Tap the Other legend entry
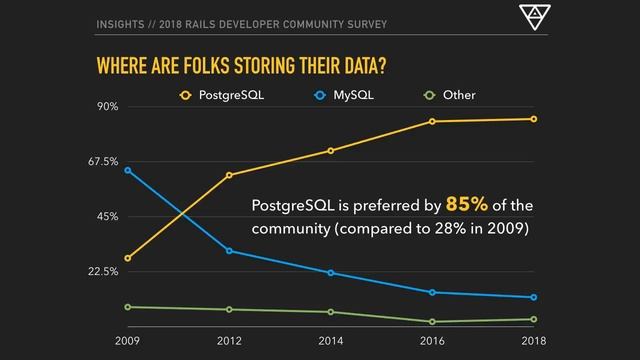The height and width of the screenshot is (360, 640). click(451, 96)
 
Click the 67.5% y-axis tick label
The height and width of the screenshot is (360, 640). click(103, 161)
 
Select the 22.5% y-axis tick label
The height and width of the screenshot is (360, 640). click(103, 271)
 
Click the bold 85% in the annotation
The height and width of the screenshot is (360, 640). click(467, 205)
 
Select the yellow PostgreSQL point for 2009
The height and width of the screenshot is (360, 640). click(128, 258)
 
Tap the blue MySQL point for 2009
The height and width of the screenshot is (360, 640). click(128, 170)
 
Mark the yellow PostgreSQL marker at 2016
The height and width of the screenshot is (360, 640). click(432, 121)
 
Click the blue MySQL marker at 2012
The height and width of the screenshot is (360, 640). click(229, 250)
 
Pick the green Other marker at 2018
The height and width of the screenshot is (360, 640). click(533, 319)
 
